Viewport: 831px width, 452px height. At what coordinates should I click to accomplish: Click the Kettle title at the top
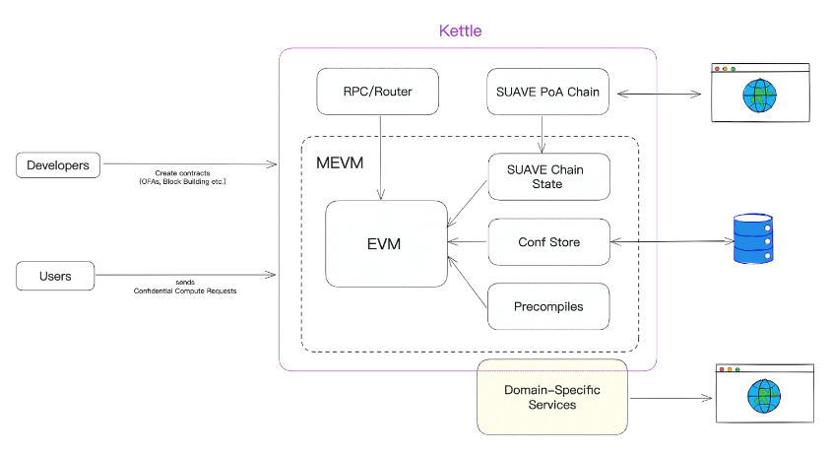coord(460,32)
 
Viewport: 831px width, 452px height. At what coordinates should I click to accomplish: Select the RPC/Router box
coord(378,92)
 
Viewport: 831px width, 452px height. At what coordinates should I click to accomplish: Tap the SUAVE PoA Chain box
coord(548,92)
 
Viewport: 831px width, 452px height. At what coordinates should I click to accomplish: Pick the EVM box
coord(386,243)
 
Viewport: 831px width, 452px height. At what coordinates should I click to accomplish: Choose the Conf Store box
coord(548,242)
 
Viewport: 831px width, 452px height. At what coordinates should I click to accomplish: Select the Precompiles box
coord(548,306)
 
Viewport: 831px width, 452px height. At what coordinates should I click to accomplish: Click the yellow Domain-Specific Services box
coord(551,397)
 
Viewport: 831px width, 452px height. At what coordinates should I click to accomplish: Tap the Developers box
coord(59,165)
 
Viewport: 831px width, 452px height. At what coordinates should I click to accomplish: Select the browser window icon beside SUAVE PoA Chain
coord(759,94)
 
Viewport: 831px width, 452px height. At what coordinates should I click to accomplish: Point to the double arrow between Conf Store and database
coord(669,242)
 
